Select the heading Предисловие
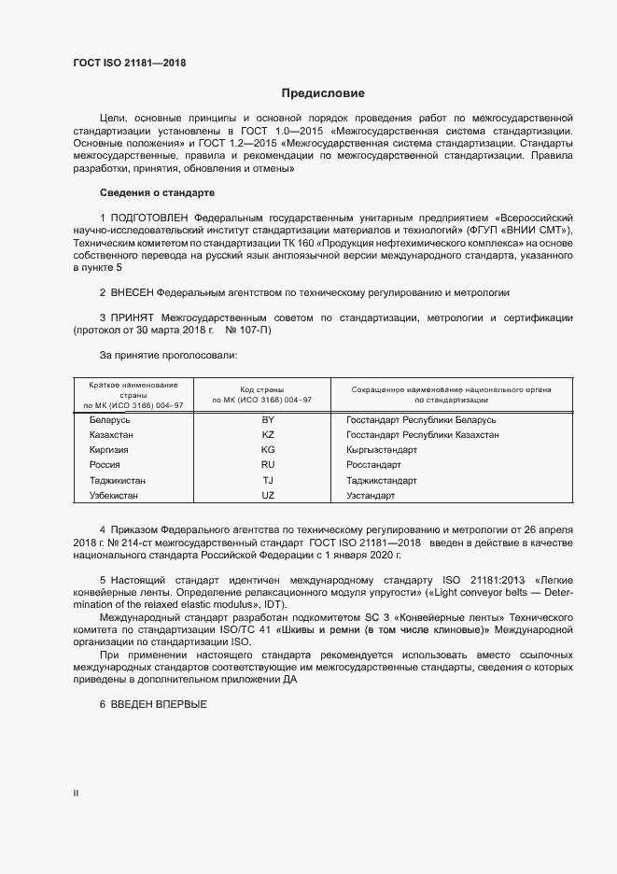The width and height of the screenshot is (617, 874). (x=323, y=93)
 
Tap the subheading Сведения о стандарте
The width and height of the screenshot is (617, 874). (x=157, y=192)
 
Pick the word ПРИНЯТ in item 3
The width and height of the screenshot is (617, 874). (x=135, y=318)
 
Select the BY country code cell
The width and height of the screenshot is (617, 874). (x=268, y=420)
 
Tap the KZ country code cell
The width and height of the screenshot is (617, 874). (x=268, y=435)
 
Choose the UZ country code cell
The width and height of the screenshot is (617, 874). (x=268, y=495)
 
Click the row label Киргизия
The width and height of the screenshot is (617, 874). (x=108, y=450)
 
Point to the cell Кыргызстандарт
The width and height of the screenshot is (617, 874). (x=382, y=450)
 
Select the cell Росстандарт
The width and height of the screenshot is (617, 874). (x=373, y=465)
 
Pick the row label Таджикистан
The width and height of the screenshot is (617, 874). (x=117, y=480)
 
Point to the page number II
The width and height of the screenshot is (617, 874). (x=76, y=794)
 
